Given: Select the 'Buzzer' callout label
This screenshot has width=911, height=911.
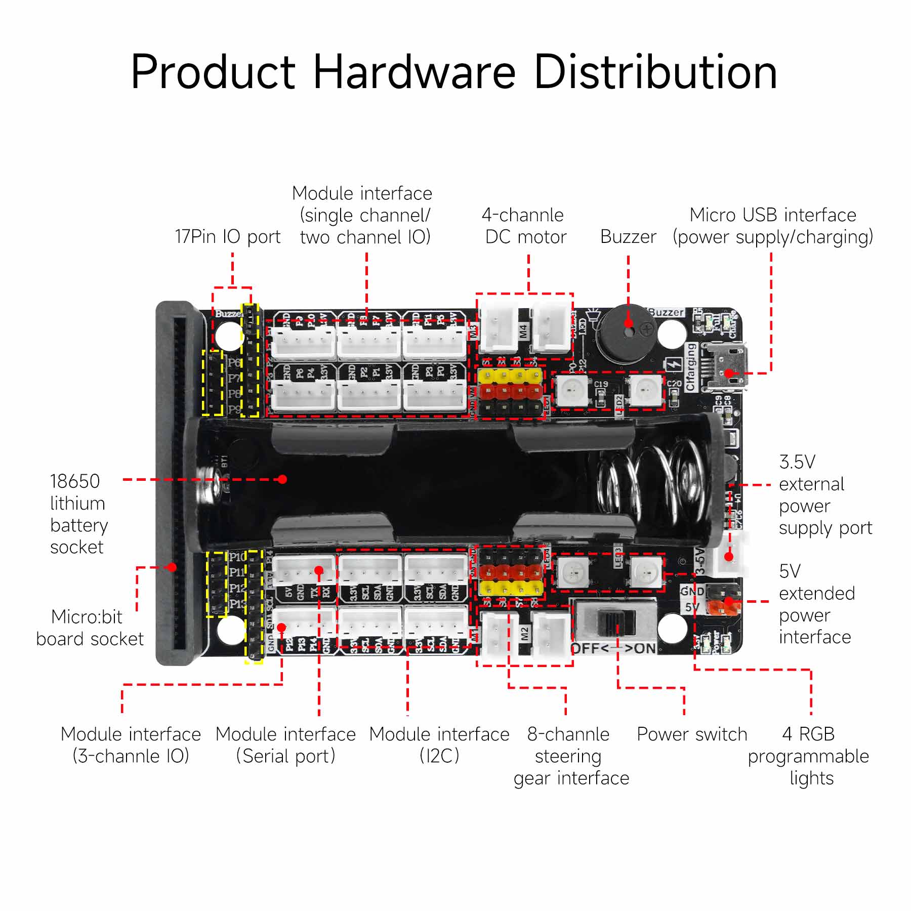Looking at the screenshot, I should click(x=628, y=237).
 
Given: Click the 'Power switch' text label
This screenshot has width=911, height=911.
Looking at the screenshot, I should click(x=691, y=734).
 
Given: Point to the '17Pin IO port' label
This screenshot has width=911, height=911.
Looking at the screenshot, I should click(x=227, y=237).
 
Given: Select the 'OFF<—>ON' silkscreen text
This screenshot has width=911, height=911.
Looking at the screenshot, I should click(x=613, y=649).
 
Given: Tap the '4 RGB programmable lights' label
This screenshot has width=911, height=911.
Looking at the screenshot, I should click(x=808, y=756).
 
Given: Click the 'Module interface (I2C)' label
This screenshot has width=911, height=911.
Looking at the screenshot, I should click(x=439, y=744).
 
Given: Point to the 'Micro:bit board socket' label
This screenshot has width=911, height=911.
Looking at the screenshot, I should click(x=90, y=628).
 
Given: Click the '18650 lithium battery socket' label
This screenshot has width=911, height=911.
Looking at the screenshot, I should click(x=78, y=514).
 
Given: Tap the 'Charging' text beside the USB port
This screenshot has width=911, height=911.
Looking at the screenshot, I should click(x=691, y=367).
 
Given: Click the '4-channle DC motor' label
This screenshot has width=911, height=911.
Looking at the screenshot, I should click(x=524, y=226).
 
